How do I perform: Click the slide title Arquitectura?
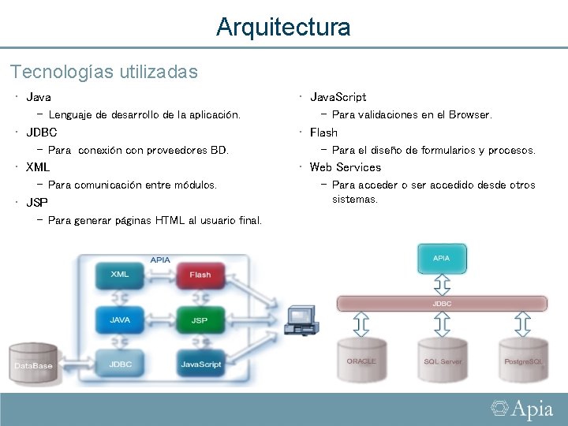tap(283, 28)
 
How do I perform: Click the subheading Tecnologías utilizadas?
tap(103, 72)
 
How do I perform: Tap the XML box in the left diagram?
tap(120, 275)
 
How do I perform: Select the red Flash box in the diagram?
tap(200, 275)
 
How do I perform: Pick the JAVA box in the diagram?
tap(120, 319)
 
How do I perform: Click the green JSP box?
tap(200, 319)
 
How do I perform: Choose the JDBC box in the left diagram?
tap(120, 364)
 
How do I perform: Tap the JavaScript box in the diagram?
tap(201, 364)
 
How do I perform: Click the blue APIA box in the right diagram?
tap(442, 258)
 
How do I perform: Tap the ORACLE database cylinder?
tap(361, 361)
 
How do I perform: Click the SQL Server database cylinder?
tap(443, 361)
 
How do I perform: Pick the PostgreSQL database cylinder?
tap(523, 361)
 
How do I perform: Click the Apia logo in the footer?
tap(522, 409)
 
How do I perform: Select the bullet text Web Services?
tap(345, 167)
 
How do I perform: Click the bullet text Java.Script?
tap(338, 97)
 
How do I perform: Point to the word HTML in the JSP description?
tap(170, 220)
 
